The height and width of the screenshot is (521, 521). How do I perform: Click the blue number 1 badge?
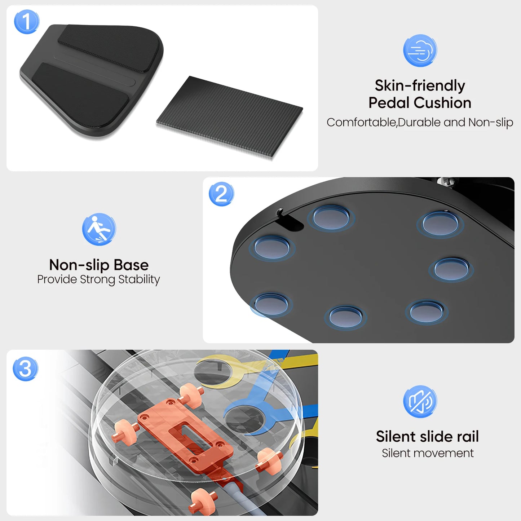(x=26, y=22)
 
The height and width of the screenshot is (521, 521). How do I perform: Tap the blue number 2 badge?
(x=221, y=194)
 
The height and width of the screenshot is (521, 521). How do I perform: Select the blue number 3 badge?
(x=25, y=368)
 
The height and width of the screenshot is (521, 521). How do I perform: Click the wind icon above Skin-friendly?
(x=420, y=50)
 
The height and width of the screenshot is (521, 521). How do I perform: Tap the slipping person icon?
(x=99, y=229)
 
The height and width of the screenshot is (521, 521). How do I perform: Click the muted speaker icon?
(x=420, y=402)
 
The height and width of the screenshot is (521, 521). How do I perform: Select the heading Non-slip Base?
(x=99, y=265)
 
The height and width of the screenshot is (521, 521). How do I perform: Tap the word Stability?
(x=139, y=279)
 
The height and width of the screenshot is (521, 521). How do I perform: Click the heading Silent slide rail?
(x=427, y=437)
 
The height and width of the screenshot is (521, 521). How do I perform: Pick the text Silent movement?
(x=428, y=453)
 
